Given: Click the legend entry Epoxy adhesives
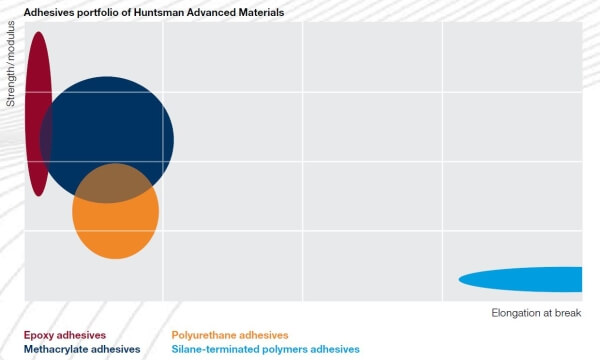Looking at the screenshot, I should (65, 335).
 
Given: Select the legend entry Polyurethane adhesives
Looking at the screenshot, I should (230, 335).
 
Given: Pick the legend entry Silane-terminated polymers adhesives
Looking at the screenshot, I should (265, 350).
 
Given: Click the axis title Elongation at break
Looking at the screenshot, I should (536, 313).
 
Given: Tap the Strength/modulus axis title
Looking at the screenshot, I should (11, 68).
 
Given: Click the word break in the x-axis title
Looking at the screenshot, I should (565, 313).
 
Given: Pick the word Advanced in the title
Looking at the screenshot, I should (204, 13).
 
